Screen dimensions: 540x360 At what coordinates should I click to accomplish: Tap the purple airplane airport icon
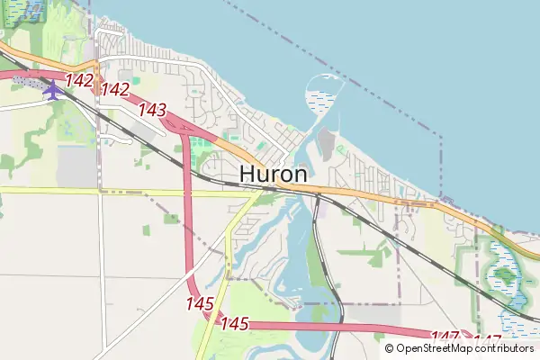click(53, 90)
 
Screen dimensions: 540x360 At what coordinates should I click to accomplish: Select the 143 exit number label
click(153, 110)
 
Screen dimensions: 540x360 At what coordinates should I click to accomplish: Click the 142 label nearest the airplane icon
click(79, 80)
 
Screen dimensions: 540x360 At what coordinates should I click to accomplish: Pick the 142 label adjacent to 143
click(115, 89)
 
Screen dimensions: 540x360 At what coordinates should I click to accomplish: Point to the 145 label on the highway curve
click(200, 304)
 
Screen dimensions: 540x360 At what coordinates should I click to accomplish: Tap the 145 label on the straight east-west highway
click(234, 322)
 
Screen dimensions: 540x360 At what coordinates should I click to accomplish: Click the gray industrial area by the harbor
click(327, 144)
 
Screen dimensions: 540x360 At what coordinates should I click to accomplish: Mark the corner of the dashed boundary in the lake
click(441, 138)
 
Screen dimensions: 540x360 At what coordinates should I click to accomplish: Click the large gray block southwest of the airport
click(76, 166)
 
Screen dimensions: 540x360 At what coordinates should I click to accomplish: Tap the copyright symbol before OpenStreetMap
click(389, 348)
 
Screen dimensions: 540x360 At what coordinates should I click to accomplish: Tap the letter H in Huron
click(249, 174)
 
